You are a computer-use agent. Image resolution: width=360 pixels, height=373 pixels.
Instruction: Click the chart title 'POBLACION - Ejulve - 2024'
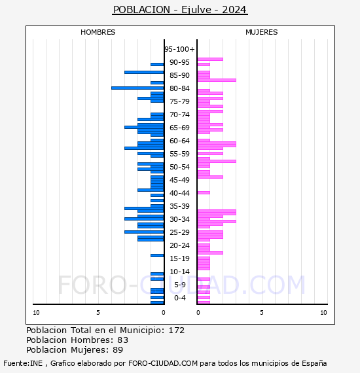[x=180, y=10]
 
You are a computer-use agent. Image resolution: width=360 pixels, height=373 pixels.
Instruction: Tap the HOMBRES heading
[x=98, y=32]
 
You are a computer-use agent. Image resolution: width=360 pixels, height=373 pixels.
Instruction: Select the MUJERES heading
[x=262, y=32]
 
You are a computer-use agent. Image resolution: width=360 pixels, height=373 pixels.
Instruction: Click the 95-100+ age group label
[x=179, y=49]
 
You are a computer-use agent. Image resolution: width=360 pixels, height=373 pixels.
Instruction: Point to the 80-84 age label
[x=179, y=88]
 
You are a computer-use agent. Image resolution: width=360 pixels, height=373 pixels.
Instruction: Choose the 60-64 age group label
[x=179, y=141]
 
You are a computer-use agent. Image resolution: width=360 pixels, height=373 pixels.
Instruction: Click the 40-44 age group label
[x=179, y=193]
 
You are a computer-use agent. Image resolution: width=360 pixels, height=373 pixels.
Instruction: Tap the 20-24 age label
[x=179, y=245]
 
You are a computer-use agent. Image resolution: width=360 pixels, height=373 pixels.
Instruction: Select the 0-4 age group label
[x=179, y=298]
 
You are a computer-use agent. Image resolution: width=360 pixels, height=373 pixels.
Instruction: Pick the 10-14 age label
[x=179, y=272]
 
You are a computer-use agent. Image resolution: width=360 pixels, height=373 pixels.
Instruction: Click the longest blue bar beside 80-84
[x=137, y=88]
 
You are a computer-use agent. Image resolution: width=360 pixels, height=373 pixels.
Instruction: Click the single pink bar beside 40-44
[x=204, y=192]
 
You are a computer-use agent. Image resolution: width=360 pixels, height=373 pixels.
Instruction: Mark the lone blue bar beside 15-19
[x=157, y=255]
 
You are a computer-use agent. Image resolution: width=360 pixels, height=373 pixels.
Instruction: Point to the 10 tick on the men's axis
[x=36, y=313]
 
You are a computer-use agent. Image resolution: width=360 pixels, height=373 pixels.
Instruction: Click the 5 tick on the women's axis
[x=262, y=313]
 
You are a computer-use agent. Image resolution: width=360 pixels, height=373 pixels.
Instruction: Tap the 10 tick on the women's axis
[x=323, y=313]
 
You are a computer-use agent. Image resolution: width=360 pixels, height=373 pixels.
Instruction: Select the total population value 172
[x=177, y=330]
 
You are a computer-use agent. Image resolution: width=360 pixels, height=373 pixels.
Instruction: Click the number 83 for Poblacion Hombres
[x=123, y=340]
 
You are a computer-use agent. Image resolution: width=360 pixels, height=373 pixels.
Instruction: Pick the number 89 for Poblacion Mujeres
[x=118, y=350]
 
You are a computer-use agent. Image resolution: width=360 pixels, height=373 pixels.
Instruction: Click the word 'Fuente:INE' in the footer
[x=23, y=363]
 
